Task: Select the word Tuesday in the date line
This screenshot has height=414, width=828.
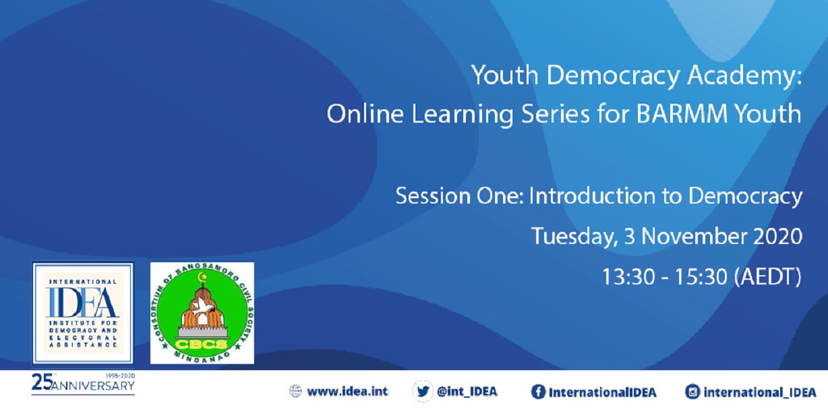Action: [x=574, y=236]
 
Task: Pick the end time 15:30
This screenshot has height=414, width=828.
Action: [x=701, y=276]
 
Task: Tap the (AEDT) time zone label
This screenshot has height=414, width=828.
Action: [x=768, y=276]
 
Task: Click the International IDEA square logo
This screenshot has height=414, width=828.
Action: [x=83, y=314]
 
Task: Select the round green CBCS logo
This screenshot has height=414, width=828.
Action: [x=202, y=314]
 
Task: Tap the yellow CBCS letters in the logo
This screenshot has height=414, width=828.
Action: [x=201, y=345]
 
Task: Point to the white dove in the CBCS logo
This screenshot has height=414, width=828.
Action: [x=202, y=305]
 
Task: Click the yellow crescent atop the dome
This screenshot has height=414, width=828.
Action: [x=202, y=276]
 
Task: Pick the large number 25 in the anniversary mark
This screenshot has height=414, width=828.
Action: [x=41, y=382]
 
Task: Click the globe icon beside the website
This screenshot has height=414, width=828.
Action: [x=295, y=391]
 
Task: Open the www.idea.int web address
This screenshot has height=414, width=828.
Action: [x=347, y=391]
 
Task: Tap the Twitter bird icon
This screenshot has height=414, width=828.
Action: [x=423, y=391]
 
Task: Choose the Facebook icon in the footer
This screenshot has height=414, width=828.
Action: [x=538, y=392]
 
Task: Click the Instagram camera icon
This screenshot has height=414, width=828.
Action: [x=692, y=392]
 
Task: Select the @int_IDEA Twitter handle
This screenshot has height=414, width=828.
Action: [x=467, y=392]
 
